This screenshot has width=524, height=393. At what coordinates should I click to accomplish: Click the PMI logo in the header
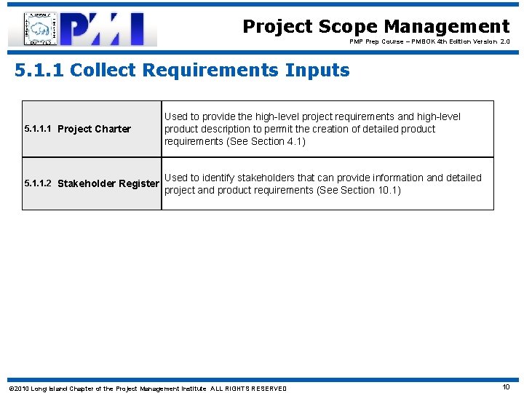pos(82,29)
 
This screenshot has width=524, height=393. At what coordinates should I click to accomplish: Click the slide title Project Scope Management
pos(376,27)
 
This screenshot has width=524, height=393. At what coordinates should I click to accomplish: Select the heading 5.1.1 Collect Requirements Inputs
pos(182,71)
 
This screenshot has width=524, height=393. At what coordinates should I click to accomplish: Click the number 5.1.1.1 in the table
pos(37,129)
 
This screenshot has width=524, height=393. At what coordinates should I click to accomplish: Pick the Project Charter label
pos(94,130)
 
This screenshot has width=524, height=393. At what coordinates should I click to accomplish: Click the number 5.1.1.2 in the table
pos(37,183)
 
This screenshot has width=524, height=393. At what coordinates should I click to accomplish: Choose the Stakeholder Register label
pos(108,183)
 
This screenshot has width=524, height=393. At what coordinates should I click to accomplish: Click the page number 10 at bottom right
pos(506,387)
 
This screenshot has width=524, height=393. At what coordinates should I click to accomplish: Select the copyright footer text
pos(146,388)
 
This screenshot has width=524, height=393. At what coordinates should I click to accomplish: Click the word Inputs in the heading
pos(318,71)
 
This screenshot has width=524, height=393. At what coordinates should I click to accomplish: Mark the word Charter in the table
pos(113,130)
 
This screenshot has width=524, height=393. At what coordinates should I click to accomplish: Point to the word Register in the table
pos(139,183)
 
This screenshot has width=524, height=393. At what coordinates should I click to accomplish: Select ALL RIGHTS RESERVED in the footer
pos(248,388)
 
